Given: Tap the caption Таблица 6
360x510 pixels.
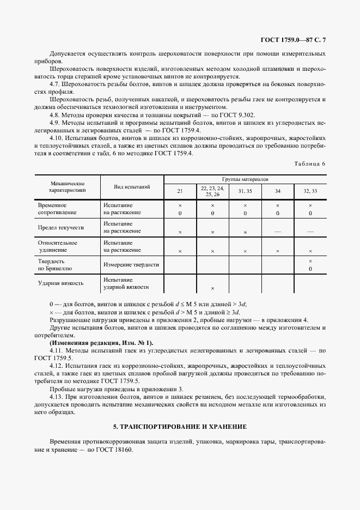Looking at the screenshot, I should point(309,164).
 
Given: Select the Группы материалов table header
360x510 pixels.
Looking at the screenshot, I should point(245,179).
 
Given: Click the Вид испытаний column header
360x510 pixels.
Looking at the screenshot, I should point(132,186).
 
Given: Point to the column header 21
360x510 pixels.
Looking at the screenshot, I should point(180,191).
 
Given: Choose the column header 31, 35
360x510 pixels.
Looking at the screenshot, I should point(245,191).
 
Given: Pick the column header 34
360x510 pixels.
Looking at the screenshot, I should point(278,191).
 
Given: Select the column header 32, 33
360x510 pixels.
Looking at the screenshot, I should point(310,191).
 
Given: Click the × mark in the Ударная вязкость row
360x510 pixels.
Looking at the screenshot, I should point(212,288).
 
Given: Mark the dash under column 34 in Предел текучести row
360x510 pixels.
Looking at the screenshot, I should point(278,232).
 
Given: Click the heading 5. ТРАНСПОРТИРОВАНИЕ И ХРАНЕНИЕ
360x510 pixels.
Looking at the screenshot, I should point(180,426).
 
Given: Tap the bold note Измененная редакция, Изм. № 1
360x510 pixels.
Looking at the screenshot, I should point(101,343).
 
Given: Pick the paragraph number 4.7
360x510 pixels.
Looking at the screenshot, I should point(54,85).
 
